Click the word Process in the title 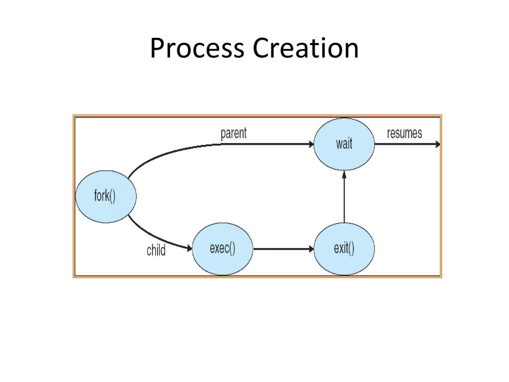(198, 49)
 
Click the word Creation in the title (305, 49)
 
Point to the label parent (233, 133)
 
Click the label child (156, 250)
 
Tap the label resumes (404, 133)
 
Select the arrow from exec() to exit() (281, 248)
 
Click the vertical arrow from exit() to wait (344, 199)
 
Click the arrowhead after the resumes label (437, 145)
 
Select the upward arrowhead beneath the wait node (344, 175)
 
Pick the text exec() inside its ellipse (222, 248)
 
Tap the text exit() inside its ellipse (344, 248)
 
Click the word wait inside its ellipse (344, 144)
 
